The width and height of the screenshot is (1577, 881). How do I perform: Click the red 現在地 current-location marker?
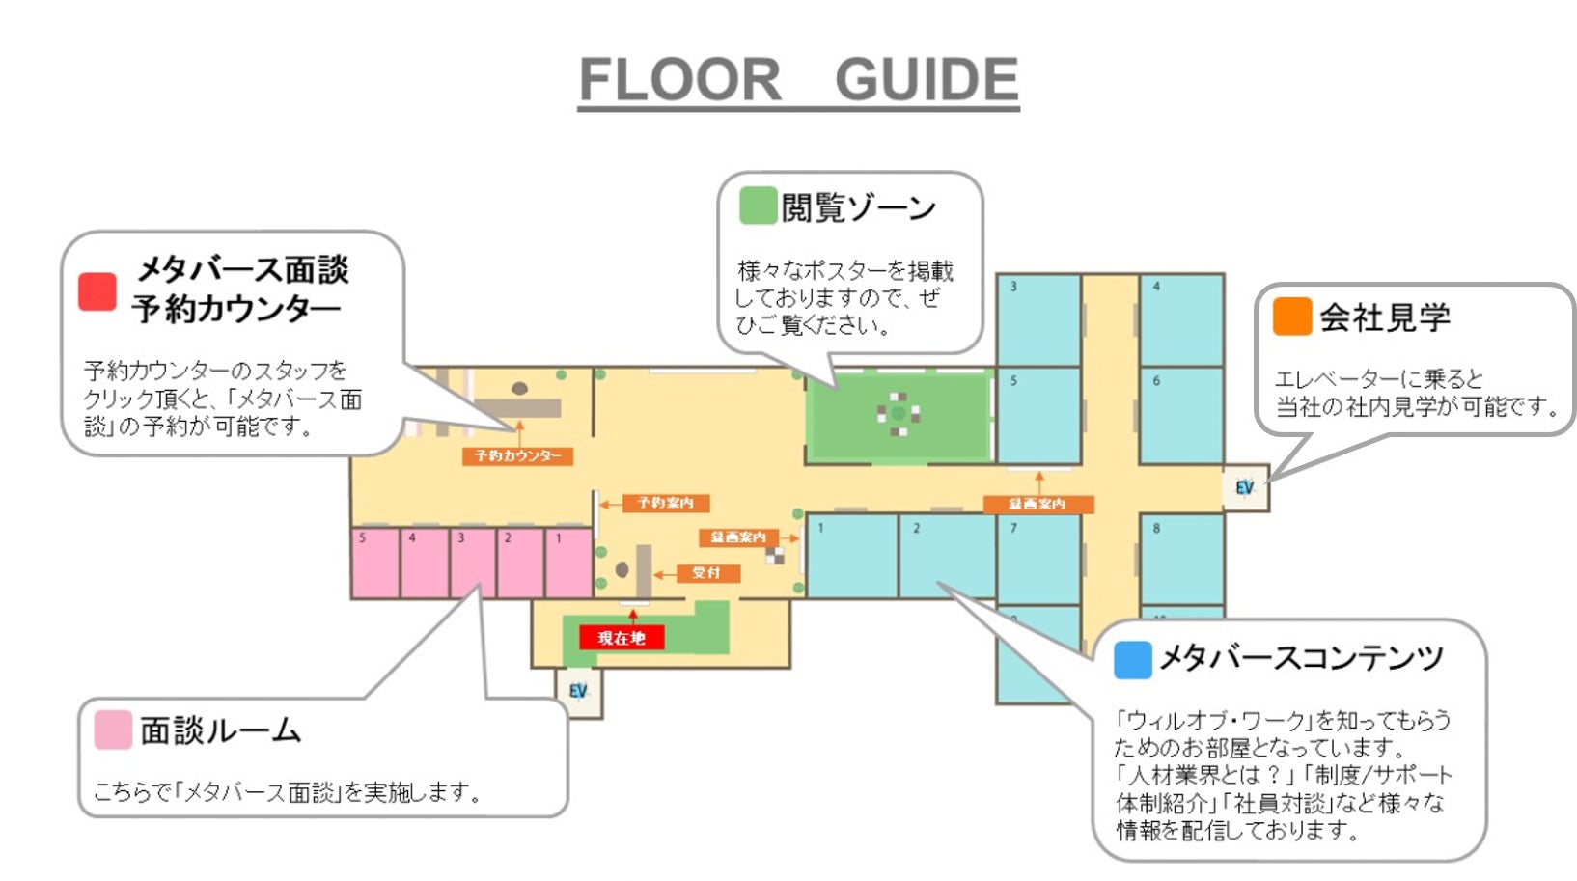coord(621,638)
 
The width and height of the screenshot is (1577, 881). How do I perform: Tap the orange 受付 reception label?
coord(706,573)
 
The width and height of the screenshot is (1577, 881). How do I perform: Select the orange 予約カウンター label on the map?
coord(518,455)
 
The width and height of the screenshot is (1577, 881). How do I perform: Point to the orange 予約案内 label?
coord(665,503)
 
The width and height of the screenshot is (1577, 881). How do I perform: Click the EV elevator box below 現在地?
coord(578,692)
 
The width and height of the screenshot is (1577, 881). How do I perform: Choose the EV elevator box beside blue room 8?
coord(1244,487)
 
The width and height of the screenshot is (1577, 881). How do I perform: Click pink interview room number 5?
coord(374,563)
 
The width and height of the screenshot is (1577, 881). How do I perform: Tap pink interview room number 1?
coord(569,563)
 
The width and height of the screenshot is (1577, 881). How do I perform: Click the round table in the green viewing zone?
coord(899,413)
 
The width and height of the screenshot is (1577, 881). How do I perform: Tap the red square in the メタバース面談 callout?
coord(97,291)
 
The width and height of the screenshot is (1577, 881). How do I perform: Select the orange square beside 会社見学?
coord(1291,317)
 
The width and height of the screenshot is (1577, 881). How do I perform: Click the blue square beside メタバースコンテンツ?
coord(1132,660)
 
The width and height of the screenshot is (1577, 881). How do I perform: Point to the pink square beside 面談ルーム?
coord(113,730)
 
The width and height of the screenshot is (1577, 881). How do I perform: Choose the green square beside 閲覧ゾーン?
coord(758,206)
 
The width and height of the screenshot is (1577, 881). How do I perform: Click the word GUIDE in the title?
coord(927,80)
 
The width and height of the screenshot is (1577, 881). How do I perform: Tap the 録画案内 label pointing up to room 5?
coord(1037,504)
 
